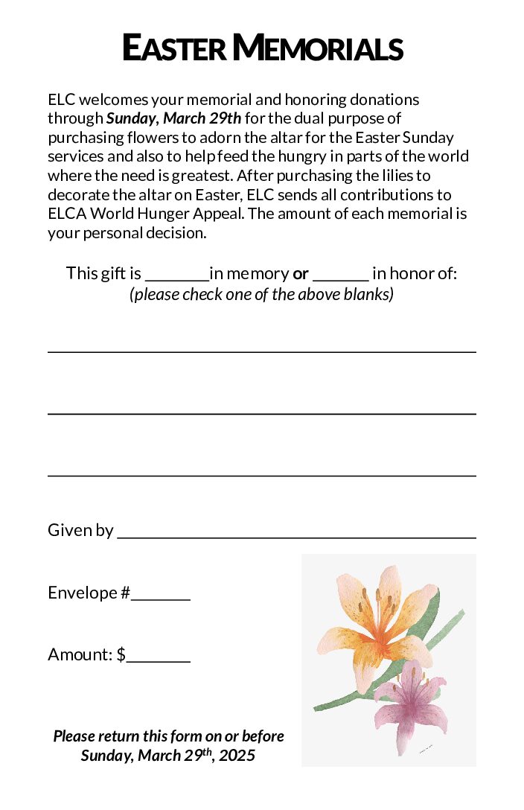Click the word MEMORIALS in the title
pyautogui.click(x=318, y=48)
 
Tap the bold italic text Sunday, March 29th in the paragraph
pyautogui.click(x=174, y=118)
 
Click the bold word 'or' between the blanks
pyautogui.click(x=301, y=274)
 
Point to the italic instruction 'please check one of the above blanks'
pyautogui.click(x=261, y=294)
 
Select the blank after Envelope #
pyautogui.click(x=161, y=596)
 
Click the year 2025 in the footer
pyautogui.click(x=237, y=756)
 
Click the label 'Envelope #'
pyautogui.click(x=89, y=593)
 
